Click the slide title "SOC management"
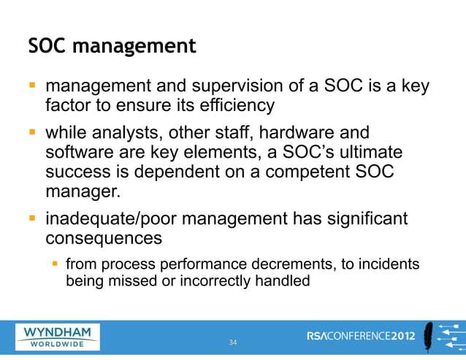click(112, 47)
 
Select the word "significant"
click(365, 220)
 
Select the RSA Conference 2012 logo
click(362, 336)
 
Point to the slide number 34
click(233, 342)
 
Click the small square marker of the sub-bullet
click(53, 263)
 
